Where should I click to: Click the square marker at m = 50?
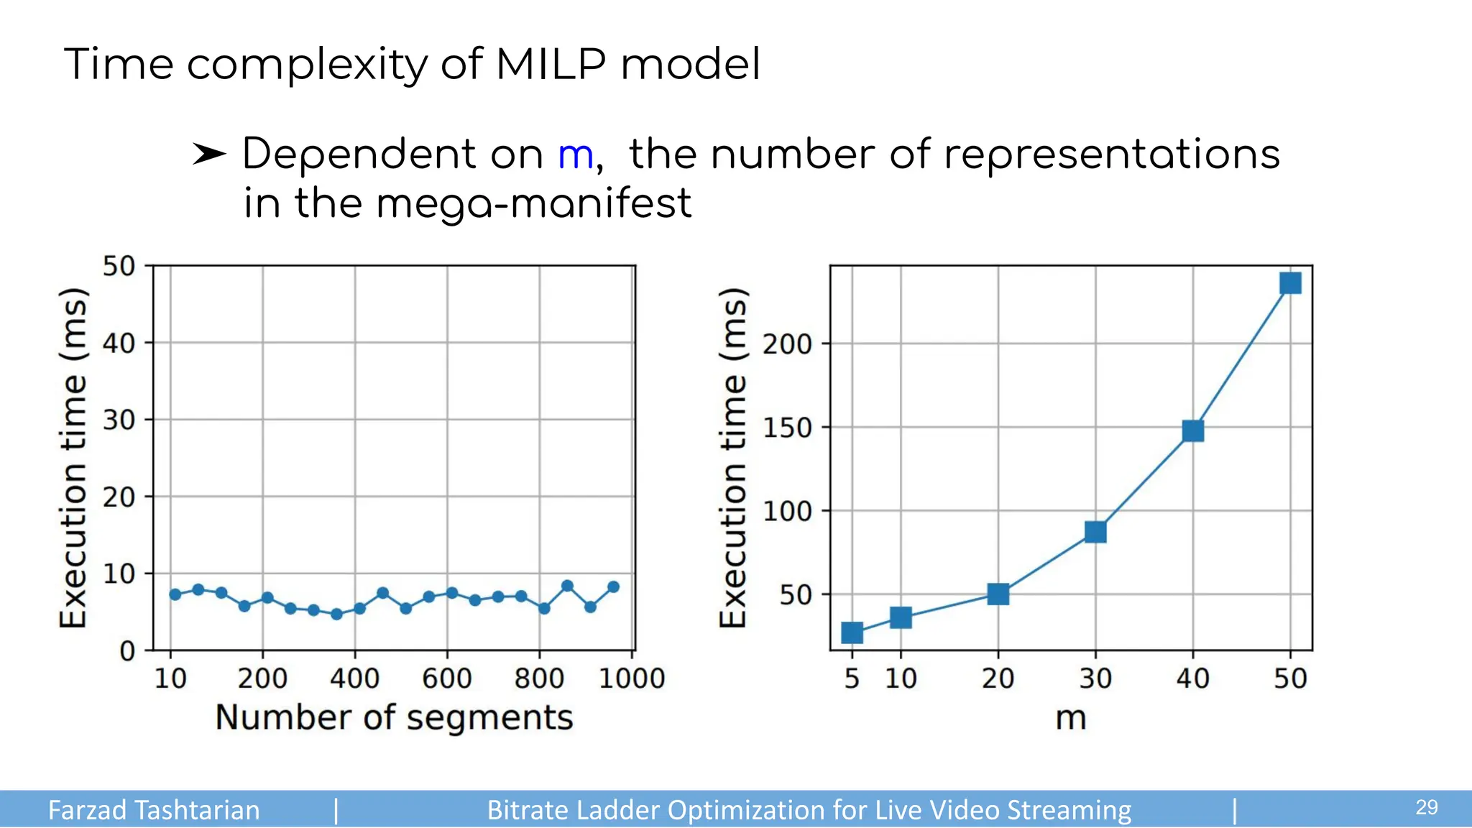1290,283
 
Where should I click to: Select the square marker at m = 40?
1193,431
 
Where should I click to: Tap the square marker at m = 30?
1095,532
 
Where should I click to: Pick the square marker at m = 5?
852,632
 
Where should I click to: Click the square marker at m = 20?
998,594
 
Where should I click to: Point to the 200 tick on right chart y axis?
787,344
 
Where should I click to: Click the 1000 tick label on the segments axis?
632,678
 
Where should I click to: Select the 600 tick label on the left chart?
447,678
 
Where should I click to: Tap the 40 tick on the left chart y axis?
119,344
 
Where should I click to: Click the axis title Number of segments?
394,717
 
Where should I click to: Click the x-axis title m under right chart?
1070,717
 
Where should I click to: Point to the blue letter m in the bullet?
576,155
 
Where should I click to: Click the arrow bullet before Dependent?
209,154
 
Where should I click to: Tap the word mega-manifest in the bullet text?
533,203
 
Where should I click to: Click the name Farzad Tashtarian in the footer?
154,810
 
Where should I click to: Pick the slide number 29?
1427,807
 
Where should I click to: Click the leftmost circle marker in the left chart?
175,594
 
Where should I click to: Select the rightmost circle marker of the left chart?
613,587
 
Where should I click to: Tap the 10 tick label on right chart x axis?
901,678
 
